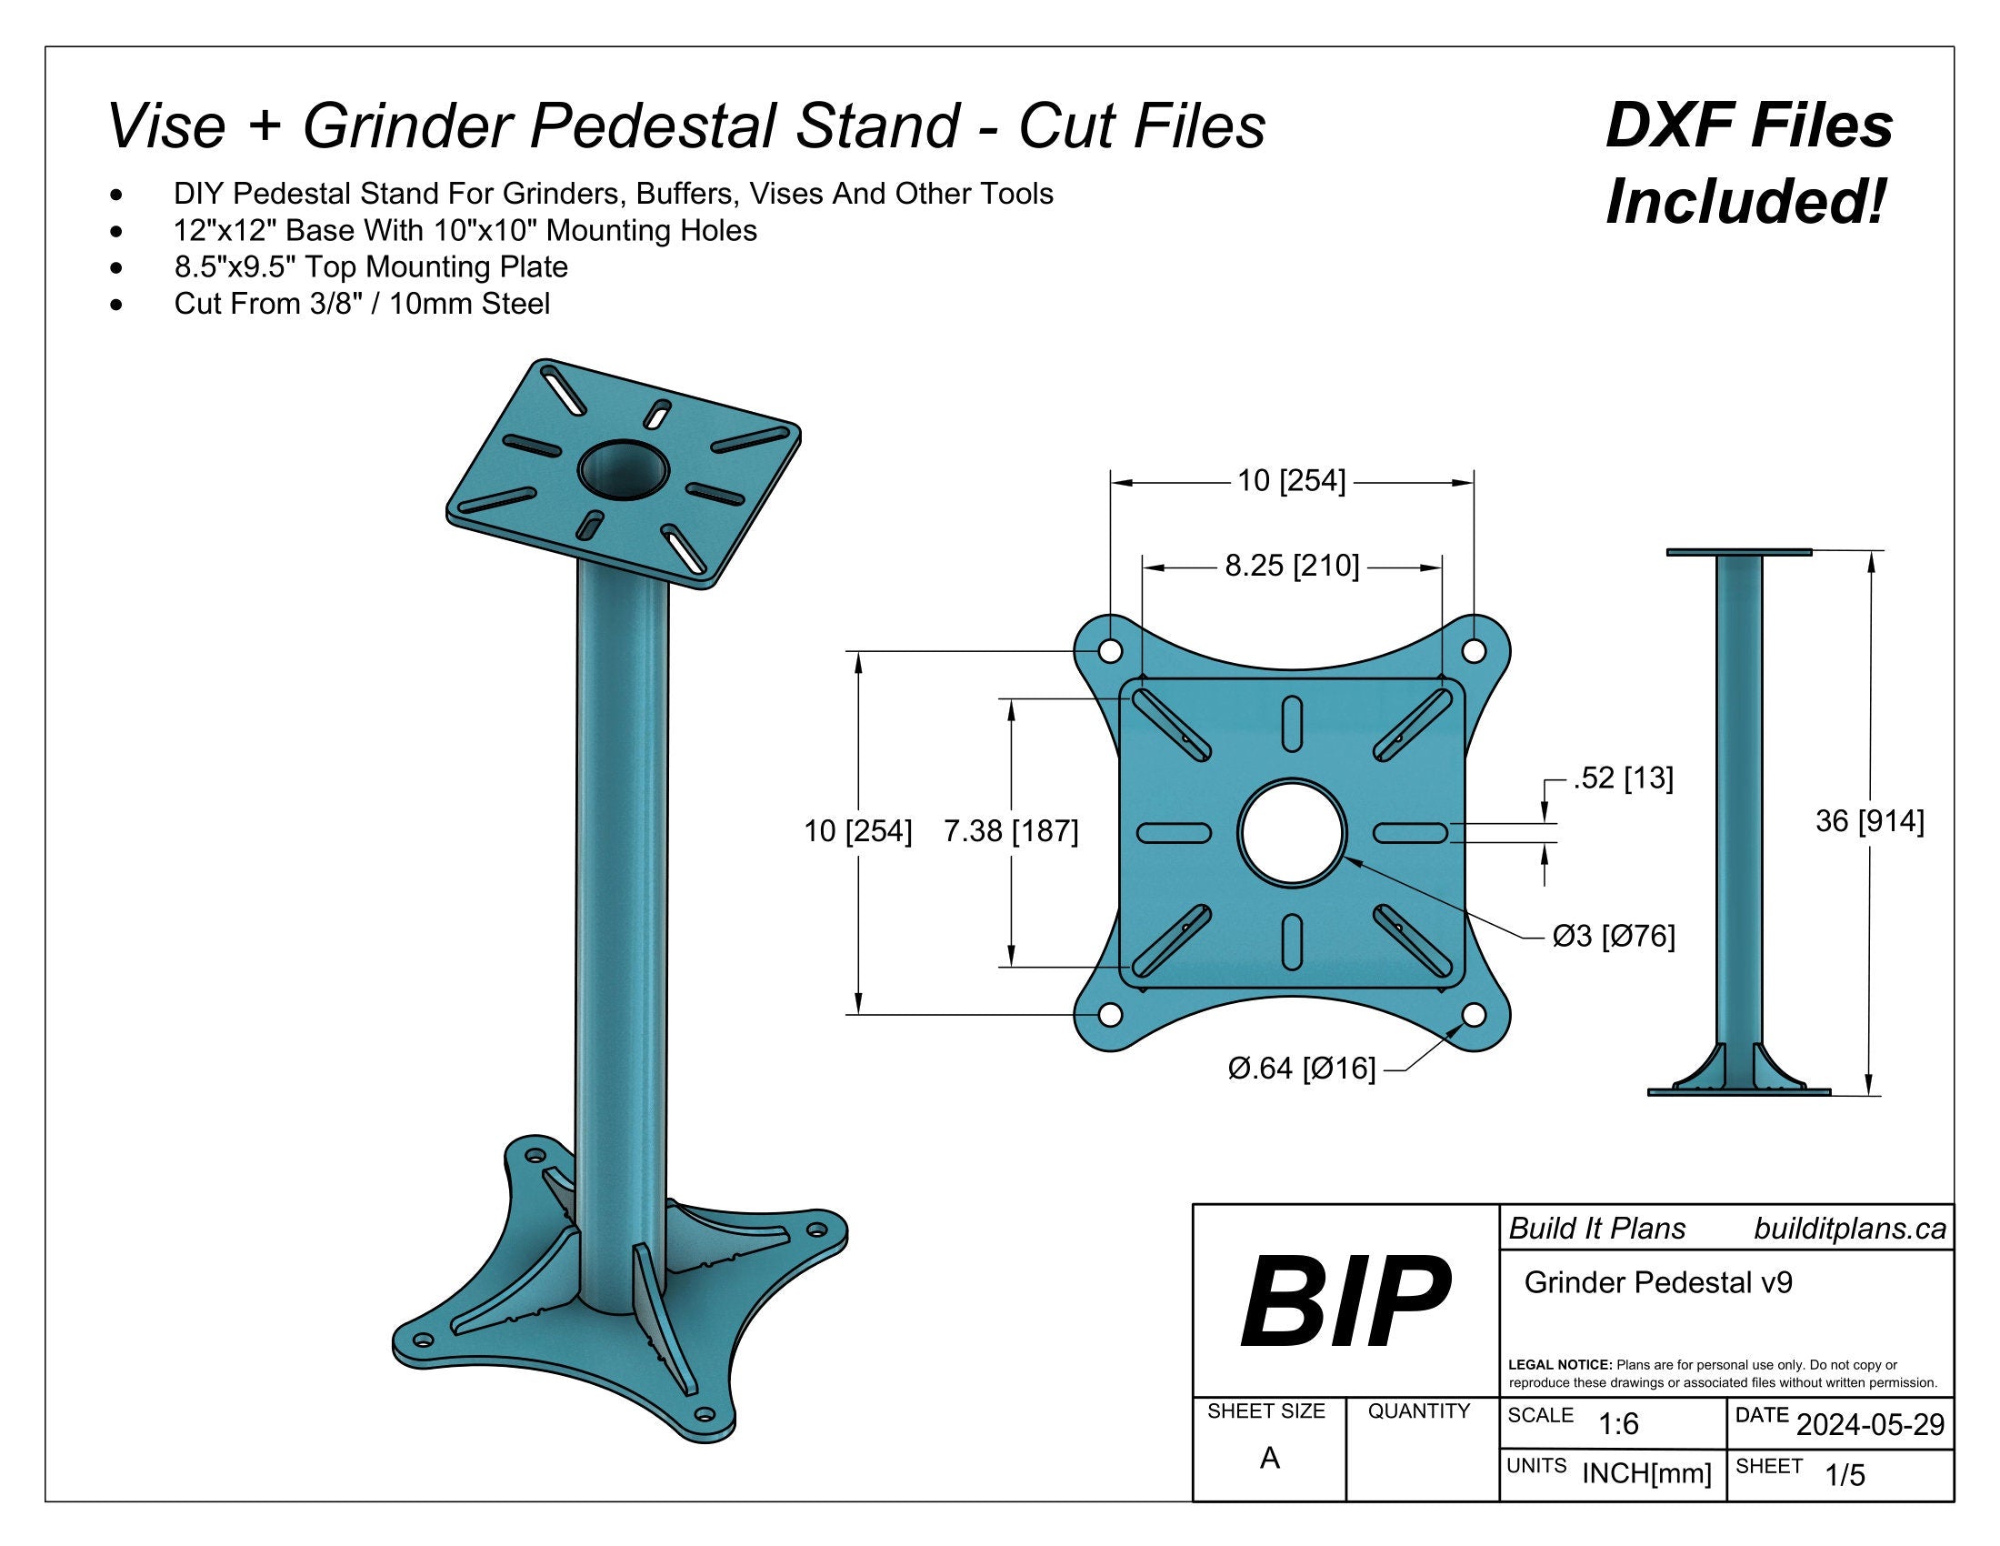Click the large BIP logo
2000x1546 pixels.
point(1345,1302)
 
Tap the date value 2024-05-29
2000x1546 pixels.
point(1870,1425)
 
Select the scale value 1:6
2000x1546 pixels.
point(1618,1424)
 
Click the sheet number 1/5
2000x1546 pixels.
point(1845,1475)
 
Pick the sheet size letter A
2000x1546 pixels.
point(1269,1458)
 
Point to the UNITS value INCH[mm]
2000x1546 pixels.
point(1646,1473)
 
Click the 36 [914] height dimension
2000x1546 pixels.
point(1870,821)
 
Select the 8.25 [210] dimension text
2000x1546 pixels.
point(1292,566)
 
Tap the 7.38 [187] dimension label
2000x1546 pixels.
point(1011,831)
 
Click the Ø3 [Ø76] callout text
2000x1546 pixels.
point(1614,936)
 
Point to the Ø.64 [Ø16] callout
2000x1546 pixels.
point(1301,1068)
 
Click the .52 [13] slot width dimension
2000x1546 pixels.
point(1623,778)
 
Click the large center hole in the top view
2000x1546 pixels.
point(1291,832)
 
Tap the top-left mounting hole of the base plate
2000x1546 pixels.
point(1110,651)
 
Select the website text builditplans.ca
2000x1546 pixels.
point(1849,1230)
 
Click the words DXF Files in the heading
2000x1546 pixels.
point(1748,126)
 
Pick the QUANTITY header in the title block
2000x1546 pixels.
point(1418,1411)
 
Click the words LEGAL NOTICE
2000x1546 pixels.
point(1559,1365)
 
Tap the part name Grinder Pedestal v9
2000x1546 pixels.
point(1657,1282)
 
